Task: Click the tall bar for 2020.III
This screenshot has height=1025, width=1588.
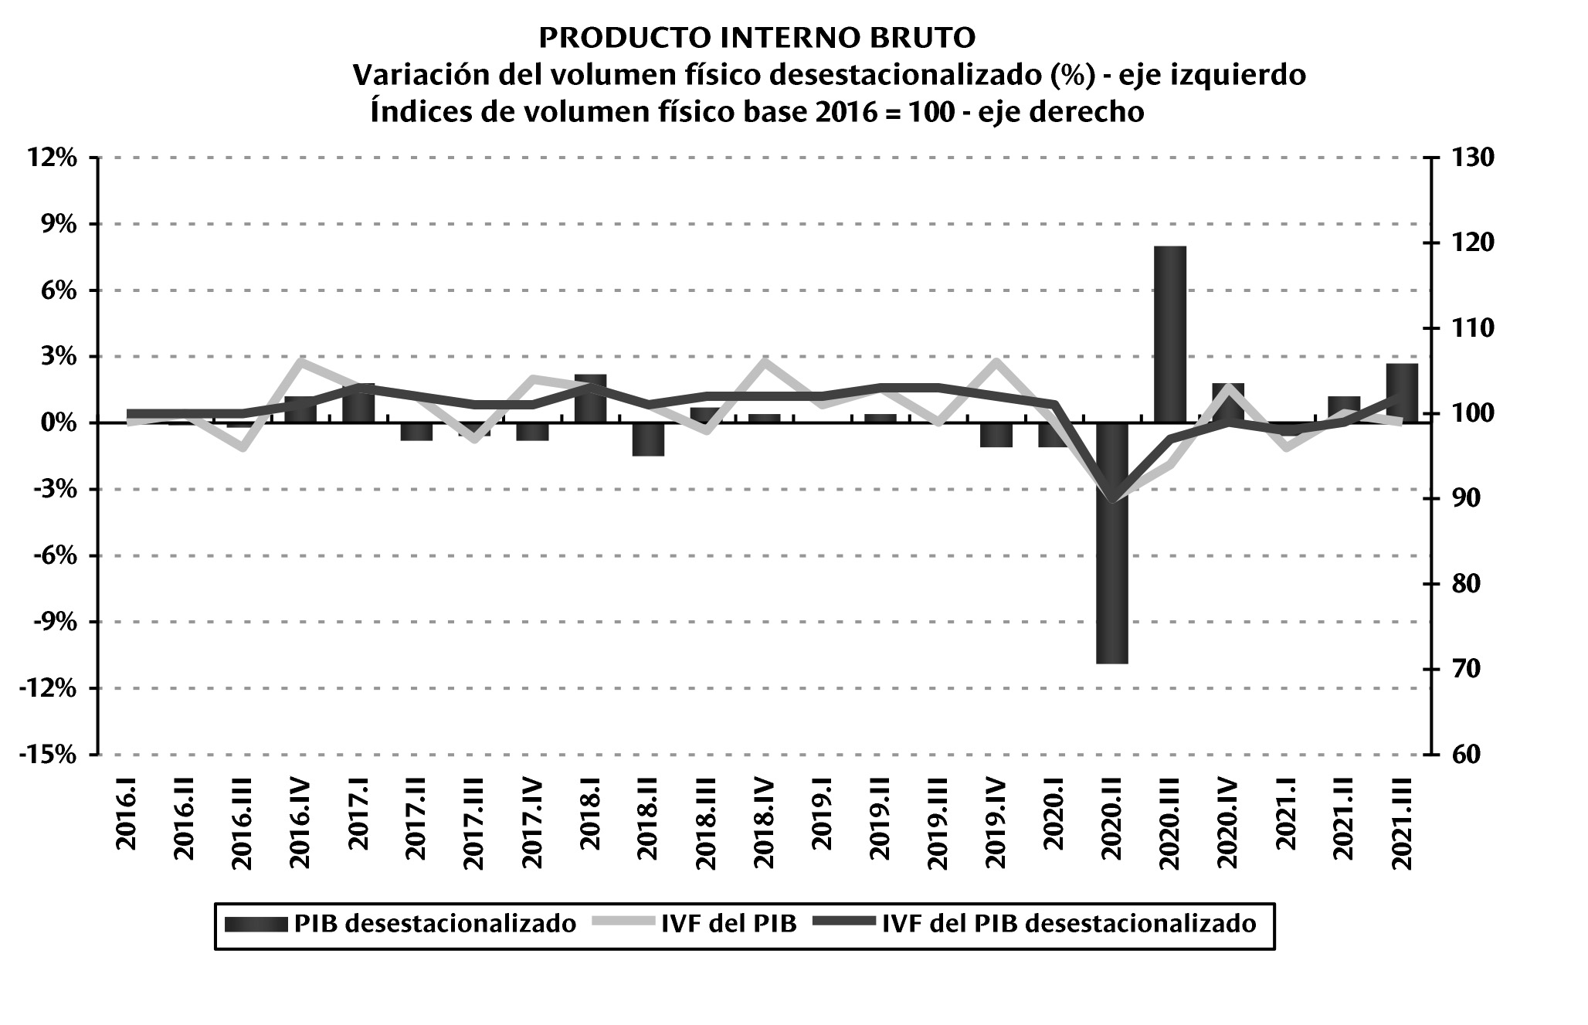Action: tap(1169, 334)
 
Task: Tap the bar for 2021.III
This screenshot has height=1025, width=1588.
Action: tap(1402, 392)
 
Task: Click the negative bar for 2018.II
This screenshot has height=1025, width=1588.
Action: tap(648, 440)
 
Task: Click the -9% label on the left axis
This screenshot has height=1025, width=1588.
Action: tap(54, 623)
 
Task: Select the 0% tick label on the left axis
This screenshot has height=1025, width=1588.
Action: tap(60, 423)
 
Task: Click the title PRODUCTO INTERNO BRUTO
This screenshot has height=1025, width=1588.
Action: tap(757, 37)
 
